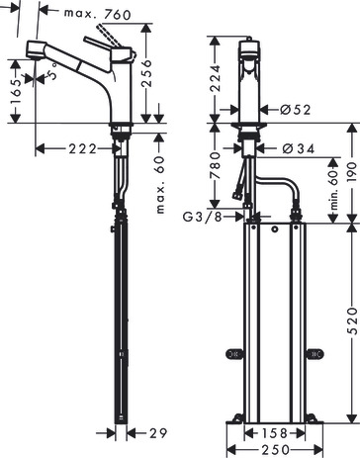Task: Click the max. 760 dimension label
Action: (x=98, y=14)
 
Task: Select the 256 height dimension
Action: (x=146, y=73)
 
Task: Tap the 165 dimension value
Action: (x=16, y=91)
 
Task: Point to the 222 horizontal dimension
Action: (x=83, y=149)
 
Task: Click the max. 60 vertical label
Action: (x=159, y=185)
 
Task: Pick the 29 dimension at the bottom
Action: (x=158, y=433)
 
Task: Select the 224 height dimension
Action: (x=215, y=78)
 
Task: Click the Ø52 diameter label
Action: (x=296, y=110)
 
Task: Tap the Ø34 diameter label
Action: (x=299, y=149)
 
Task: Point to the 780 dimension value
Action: (x=215, y=165)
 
